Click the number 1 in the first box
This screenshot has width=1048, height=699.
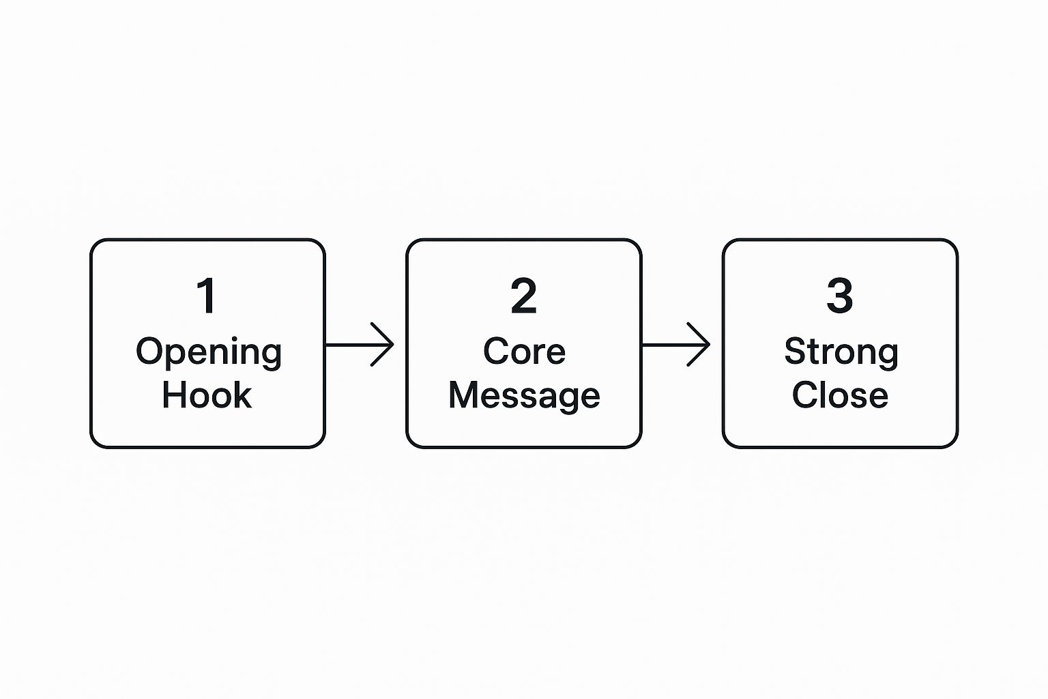tap(206, 296)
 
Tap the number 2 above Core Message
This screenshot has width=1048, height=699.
tap(524, 296)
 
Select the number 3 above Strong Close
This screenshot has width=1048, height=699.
tap(840, 296)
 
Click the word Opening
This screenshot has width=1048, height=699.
tap(208, 353)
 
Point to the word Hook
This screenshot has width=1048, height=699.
tap(207, 395)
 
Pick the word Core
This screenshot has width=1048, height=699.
tap(524, 352)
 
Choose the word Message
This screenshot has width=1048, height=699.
tap(524, 396)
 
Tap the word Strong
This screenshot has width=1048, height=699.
tap(841, 353)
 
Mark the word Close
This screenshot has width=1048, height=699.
tap(840, 395)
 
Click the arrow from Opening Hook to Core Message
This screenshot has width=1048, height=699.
tap(360, 345)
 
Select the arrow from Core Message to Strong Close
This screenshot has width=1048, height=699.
tap(675, 345)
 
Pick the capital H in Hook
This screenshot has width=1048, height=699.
tap(173, 395)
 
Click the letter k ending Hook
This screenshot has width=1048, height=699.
tap(244, 395)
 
